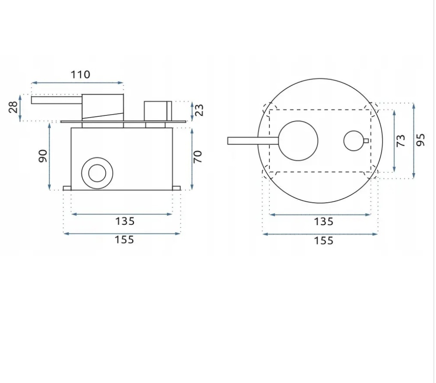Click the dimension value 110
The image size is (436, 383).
click(81, 75)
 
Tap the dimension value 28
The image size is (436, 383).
click(13, 107)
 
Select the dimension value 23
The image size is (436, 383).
click(199, 110)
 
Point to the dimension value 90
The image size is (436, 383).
click(43, 156)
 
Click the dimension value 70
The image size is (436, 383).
click(197, 157)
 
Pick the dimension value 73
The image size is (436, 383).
click(401, 141)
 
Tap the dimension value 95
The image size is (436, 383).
click(421, 140)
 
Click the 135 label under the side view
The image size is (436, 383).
click(125, 221)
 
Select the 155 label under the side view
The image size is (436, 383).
click(124, 240)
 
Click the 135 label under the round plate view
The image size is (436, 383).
click(323, 222)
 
